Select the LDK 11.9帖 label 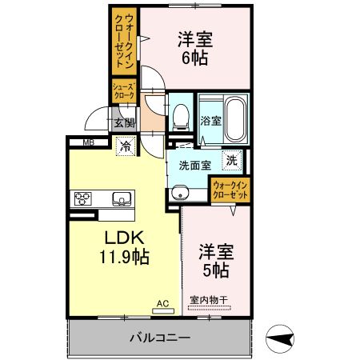click(123, 248)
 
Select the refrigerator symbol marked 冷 click(126, 146)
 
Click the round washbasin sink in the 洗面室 click(180, 193)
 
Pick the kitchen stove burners click(84, 198)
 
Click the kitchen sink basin click(121, 198)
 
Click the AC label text click(162, 303)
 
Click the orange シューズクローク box click(122, 90)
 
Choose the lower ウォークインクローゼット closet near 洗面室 click(230, 190)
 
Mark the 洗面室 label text click(194, 166)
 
